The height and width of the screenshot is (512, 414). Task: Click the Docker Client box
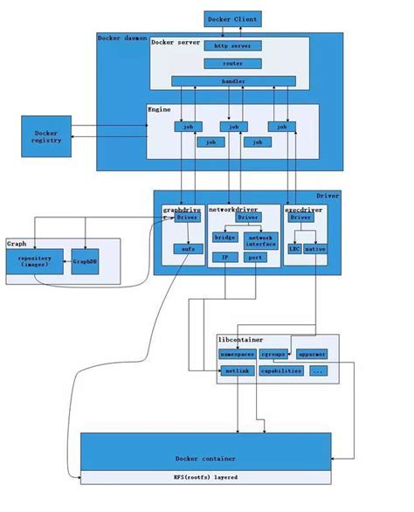pos(231,17)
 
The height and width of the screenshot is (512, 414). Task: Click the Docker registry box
pos(46,135)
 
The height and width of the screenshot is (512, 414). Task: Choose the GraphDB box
pos(85,260)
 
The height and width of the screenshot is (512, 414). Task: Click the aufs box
pos(187,248)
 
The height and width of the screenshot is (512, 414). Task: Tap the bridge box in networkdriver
pos(224,238)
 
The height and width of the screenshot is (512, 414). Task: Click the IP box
pos(224,258)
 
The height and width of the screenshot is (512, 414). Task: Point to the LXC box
pos(294,248)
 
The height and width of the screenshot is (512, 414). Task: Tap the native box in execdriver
pos(315,248)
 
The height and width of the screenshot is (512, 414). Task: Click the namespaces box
pos(236,355)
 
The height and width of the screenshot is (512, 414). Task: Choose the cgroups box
pos(279,355)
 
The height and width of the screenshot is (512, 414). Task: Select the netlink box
pos(236,370)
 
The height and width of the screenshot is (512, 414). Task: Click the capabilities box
pos(281,370)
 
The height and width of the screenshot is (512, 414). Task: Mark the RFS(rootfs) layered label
pos(206,478)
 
